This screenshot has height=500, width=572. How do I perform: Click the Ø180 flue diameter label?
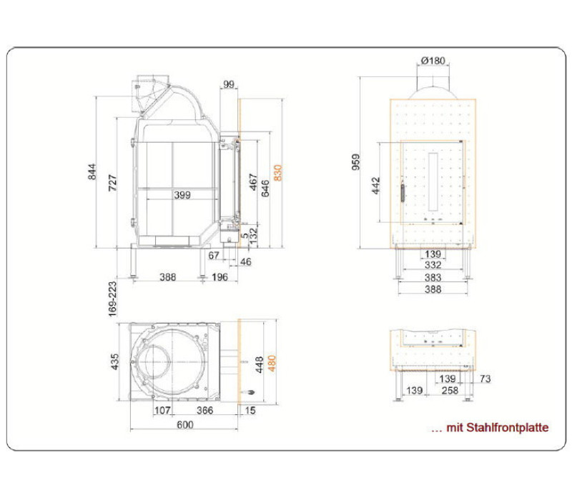click(433, 61)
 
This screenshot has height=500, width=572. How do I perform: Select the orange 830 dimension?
click(278, 173)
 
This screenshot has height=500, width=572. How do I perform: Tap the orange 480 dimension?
click(272, 363)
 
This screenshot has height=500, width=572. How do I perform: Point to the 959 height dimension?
click(355, 162)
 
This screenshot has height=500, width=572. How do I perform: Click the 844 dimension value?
click(92, 172)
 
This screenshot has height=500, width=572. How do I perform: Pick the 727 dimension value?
click(113, 183)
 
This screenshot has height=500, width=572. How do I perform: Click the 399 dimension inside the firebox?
click(182, 195)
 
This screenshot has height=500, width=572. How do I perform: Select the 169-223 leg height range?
click(113, 299)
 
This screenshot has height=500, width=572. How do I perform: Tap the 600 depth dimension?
click(185, 425)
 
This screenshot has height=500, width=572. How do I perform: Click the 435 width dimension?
click(114, 362)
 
